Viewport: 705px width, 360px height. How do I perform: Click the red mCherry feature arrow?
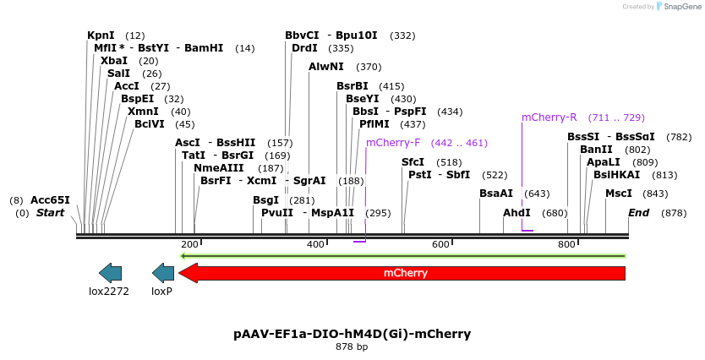pos(402,273)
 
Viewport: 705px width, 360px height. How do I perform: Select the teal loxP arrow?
pos(162,273)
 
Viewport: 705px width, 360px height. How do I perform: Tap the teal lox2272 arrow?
pos(110,273)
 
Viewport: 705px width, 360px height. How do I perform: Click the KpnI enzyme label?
pos(101,35)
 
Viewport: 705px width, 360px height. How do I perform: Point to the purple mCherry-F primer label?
pos(393,143)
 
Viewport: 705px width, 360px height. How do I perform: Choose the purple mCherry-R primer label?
pos(549,117)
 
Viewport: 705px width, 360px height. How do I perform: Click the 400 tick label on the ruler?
pos(315,244)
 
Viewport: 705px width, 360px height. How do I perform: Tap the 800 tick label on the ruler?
pos(566,244)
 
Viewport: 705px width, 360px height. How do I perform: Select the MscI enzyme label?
pos(619,194)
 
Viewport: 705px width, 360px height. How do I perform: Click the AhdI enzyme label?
pos(516,213)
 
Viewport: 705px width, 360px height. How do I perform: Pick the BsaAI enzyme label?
pos(496,194)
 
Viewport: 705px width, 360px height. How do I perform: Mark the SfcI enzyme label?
pos(413,162)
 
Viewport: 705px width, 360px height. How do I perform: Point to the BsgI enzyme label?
pos(265,200)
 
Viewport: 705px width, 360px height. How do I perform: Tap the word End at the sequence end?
pos(638,213)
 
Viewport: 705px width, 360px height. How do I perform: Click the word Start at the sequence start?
pos(50,213)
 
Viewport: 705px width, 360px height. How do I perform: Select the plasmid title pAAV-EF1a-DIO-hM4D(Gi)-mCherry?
pos(352,334)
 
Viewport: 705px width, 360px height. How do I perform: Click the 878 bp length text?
pos(352,347)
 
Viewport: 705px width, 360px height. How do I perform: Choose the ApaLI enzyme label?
pos(604,162)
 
